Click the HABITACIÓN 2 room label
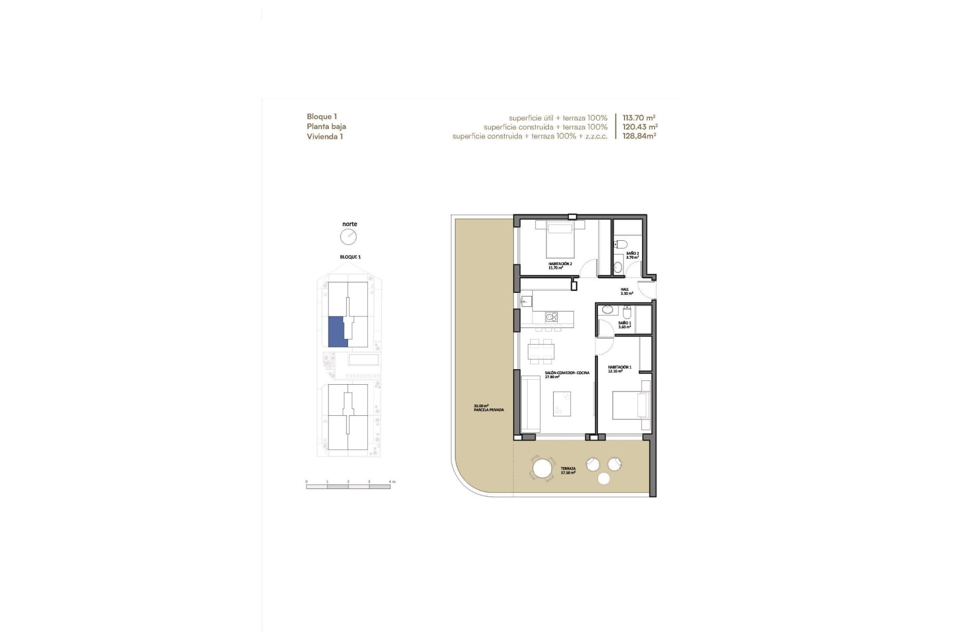pyautogui.click(x=560, y=265)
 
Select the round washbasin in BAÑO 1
pyautogui.click(x=608, y=309)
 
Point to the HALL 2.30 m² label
pyautogui.click(x=626, y=291)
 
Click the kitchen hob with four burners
pyautogui.click(x=552, y=317)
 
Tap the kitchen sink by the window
pyautogui.click(x=526, y=301)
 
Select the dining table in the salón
pyautogui.click(x=542, y=351)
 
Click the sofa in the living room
pyautogui.click(x=530, y=404)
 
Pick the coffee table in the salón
pyautogui.click(x=562, y=404)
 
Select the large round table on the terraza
pyautogui.click(x=542, y=469)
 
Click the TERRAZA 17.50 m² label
pyautogui.click(x=568, y=470)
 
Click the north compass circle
pyautogui.click(x=348, y=237)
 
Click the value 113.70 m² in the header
pyautogui.click(x=639, y=118)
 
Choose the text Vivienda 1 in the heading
pyautogui.click(x=325, y=136)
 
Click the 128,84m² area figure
pyautogui.click(x=639, y=136)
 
